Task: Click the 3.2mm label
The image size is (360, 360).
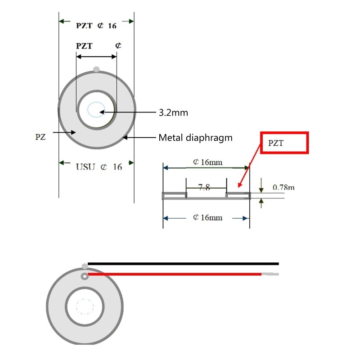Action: pyautogui.click(x=173, y=112)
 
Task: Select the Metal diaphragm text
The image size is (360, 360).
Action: pyautogui.click(x=195, y=138)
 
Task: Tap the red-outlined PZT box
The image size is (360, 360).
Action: pyautogui.click(x=284, y=143)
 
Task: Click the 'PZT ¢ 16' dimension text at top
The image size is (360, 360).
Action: pyautogui.click(x=95, y=26)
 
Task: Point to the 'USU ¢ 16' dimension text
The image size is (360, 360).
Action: pyautogui.click(x=99, y=167)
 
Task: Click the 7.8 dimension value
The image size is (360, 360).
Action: pyautogui.click(x=204, y=187)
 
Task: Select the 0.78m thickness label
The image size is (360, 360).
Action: pyautogui.click(x=283, y=187)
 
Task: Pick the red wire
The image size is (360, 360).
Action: pyautogui.click(x=175, y=274)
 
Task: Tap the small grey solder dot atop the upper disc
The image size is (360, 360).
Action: pyautogui.click(x=96, y=68)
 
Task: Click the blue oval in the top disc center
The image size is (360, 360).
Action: pyautogui.click(x=96, y=109)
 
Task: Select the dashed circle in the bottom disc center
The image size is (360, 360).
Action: pyautogui.click(x=84, y=307)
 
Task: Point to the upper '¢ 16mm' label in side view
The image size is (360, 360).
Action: pyautogui.click(x=207, y=162)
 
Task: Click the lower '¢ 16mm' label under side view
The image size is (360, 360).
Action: pyautogui.click(x=207, y=217)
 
